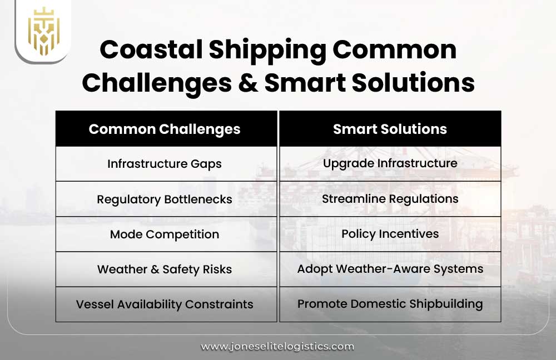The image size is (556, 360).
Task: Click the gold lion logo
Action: (x=43, y=31)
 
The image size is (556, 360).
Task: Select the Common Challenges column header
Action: (x=165, y=129)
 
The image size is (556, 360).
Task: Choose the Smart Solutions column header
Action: (x=390, y=129)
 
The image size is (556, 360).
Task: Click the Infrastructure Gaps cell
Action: (x=165, y=164)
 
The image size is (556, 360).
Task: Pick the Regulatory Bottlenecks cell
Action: (x=165, y=199)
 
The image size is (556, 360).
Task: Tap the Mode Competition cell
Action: (x=165, y=234)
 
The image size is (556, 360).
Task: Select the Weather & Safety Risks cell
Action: (x=165, y=269)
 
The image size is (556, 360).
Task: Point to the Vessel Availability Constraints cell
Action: (x=165, y=304)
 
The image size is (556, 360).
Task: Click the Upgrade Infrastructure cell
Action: (x=390, y=163)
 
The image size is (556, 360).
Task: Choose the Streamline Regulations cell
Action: (x=390, y=198)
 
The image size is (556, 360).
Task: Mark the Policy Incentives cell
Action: (x=390, y=234)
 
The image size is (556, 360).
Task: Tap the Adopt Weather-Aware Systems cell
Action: (x=390, y=269)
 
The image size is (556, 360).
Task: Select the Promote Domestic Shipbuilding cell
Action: (x=390, y=304)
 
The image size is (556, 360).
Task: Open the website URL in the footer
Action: (x=277, y=346)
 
